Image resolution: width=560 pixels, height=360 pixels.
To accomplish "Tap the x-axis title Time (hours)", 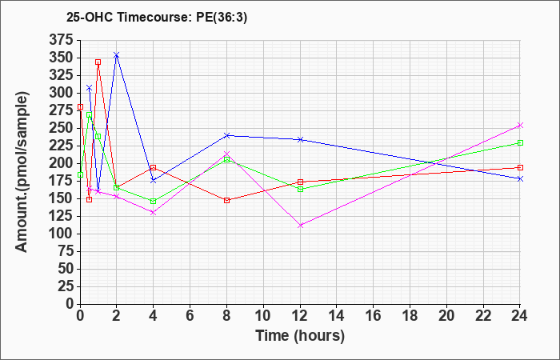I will (299, 335).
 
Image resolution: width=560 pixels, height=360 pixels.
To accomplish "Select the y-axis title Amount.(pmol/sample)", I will (22, 172).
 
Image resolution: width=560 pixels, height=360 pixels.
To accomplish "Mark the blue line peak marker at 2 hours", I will (117, 55).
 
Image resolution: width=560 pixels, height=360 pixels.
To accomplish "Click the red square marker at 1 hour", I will (98, 62).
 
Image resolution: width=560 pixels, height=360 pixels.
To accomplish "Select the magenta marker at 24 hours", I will (520, 125).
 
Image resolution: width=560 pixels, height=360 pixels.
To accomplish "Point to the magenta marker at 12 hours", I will (300, 226).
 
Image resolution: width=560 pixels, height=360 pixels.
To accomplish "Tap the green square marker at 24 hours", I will (520, 142).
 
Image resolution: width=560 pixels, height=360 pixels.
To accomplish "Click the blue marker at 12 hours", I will (300, 139).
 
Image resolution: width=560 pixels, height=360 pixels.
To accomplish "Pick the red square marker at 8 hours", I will (226, 200).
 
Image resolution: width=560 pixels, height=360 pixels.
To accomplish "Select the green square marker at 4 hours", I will (153, 201).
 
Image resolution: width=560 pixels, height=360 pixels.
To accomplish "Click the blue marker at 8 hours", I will (226, 135).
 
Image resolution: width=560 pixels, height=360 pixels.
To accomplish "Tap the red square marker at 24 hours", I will (520, 167).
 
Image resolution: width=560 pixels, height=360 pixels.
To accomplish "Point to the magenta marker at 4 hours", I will (153, 212).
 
